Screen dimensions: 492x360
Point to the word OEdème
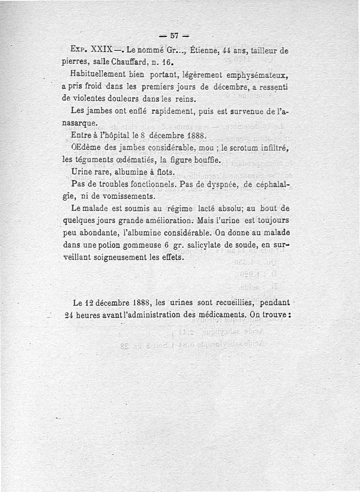pyautogui.click(x=86, y=147)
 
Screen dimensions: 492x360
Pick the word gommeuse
pyautogui.click(x=137, y=246)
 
